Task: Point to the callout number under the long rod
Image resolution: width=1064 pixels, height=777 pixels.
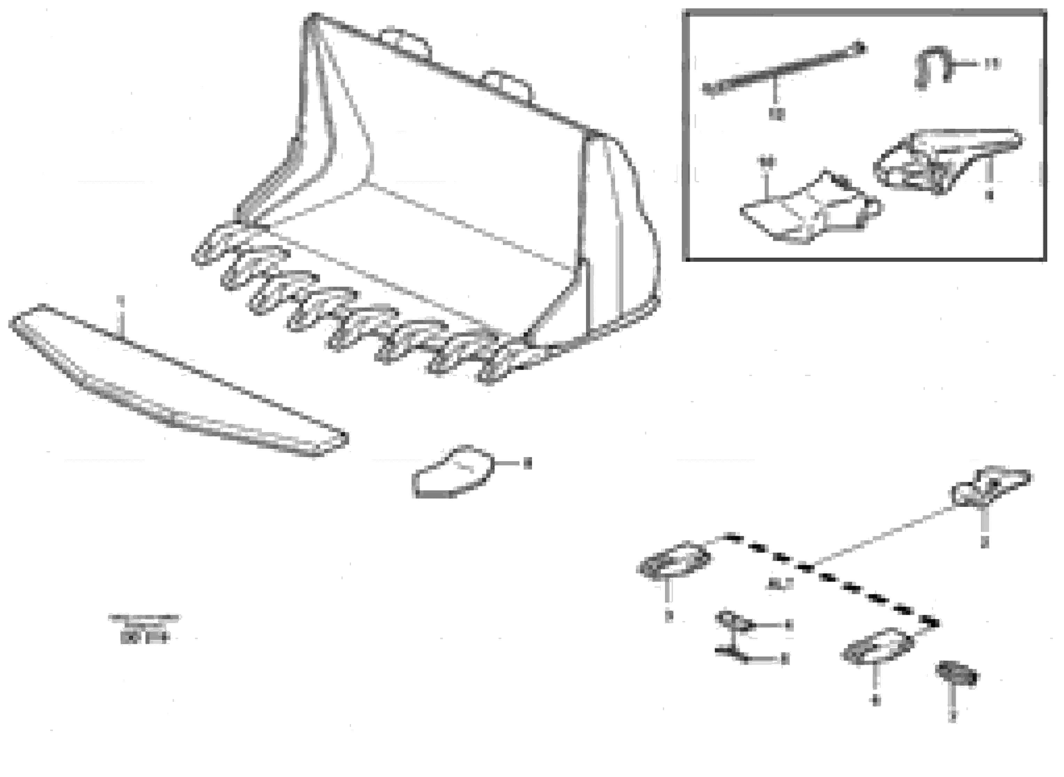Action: click(776, 113)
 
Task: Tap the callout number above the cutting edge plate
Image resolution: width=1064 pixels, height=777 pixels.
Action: click(121, 300)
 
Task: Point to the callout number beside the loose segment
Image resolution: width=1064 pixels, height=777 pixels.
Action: click(527, 464)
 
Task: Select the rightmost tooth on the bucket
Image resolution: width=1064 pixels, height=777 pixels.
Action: click(499, 367)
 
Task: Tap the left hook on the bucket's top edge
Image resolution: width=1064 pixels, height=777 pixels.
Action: click(406, 41)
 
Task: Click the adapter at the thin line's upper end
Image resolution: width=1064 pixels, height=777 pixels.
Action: click(991, 492)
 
